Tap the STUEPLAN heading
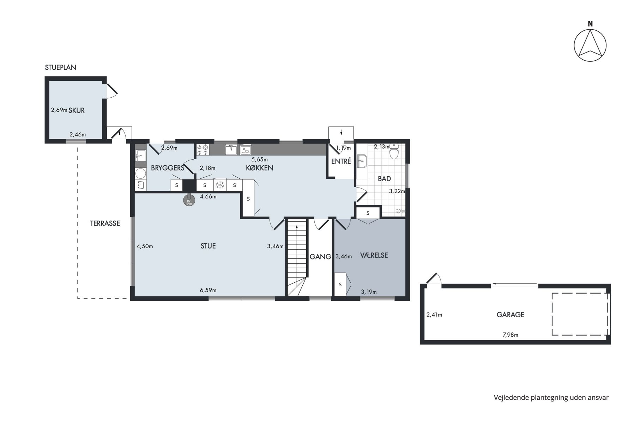[x=61, y=67]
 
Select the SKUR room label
[x=77, y=110]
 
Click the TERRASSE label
[x=105, y=223]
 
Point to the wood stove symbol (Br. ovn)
[x=189, y=200]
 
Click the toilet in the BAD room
[x=394, y=152]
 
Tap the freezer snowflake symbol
[x=220, y=185]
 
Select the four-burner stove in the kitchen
[x=203, y=149]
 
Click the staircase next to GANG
[x=297, y=257]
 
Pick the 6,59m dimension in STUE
[x=208, y=290]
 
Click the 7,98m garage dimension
[x=510, y=335]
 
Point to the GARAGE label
[x=510, y=314]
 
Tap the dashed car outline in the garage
[x=580, y=314]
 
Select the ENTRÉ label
[x=341, y=161]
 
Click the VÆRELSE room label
[x=374, y=255]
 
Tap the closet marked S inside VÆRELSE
[x=340, y=284]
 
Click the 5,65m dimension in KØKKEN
[x=260, y=159]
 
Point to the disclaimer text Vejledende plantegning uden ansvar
[x=551, y=398]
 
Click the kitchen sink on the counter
[x=231, y=149]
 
